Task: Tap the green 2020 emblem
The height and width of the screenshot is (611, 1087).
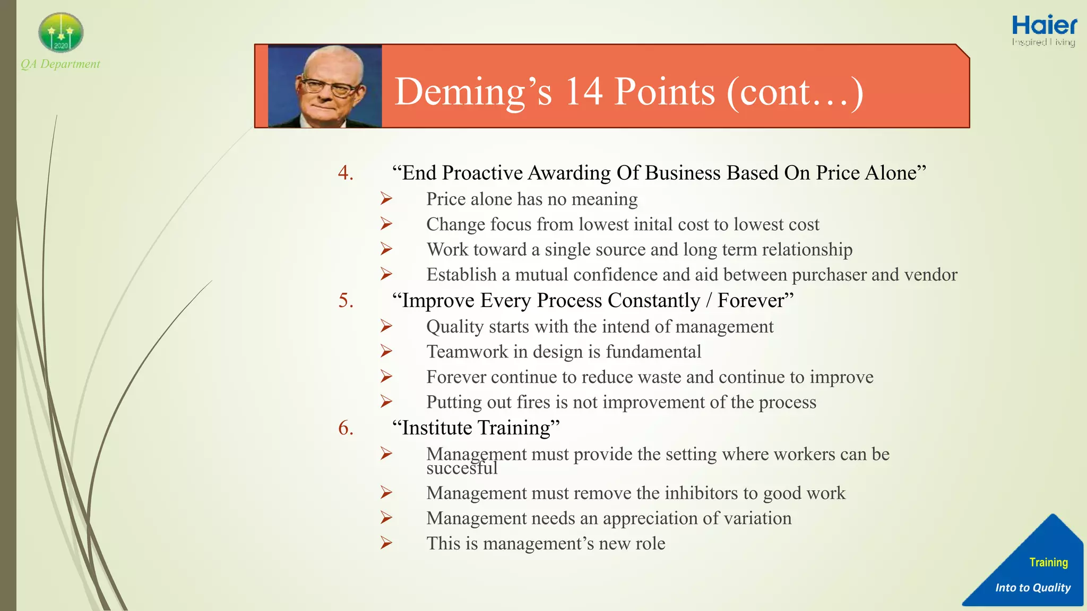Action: [x=61, y=33]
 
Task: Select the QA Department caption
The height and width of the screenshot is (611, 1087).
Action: [x=61, y=64]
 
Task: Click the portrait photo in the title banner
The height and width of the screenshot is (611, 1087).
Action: [x=325, y=86]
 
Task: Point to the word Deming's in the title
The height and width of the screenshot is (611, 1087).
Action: [x=473, y=92]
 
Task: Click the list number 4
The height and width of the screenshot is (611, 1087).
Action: [x=346, y=173]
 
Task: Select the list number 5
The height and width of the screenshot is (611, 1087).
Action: [x=346, y=300]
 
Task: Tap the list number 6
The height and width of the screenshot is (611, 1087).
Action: [x=346, y=428]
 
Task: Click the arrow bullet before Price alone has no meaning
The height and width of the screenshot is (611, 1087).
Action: [x=386, y=199]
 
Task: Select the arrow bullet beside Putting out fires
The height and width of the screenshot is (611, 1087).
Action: [x=386, y=402]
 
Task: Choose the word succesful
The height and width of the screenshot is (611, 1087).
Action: [x=462, y=468]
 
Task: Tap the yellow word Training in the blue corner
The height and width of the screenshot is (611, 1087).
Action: [x=1048, y=562]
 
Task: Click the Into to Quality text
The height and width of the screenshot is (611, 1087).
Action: [x=1032, y=588]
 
